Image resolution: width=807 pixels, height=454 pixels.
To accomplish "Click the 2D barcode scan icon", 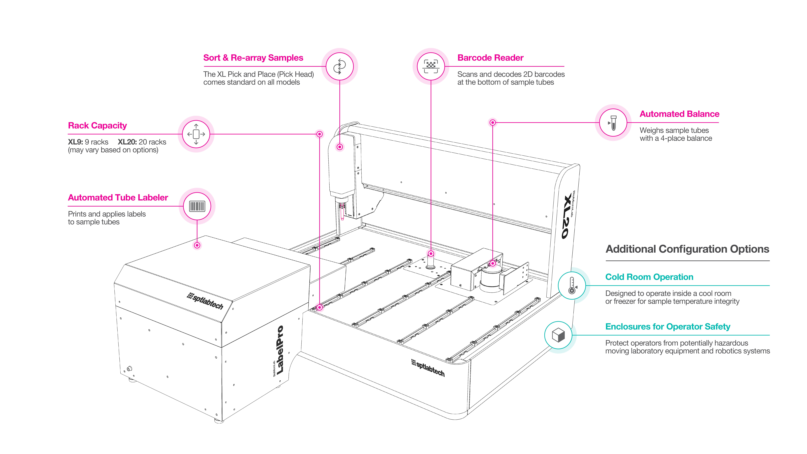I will (431, 66).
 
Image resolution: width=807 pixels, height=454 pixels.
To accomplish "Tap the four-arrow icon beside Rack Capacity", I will (196, 134).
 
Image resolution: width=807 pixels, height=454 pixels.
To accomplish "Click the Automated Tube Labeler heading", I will (118, 198).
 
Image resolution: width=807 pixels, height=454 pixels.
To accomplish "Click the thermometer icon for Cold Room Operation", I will (572, 285).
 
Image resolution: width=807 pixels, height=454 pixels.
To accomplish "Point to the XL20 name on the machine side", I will (568, 216).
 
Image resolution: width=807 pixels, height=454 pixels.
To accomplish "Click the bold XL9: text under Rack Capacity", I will (75, 142).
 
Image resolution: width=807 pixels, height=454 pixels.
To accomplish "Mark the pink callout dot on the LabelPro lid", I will (197, 245).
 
